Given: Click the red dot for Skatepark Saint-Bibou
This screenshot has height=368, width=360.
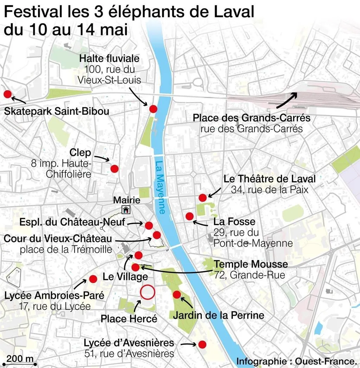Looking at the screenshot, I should point(7,94).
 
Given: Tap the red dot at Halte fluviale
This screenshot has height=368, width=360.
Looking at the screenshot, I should point(153,109).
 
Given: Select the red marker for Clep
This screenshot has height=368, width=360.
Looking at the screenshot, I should point(114,169).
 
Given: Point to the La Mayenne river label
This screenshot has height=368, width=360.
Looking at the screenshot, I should point(160,188).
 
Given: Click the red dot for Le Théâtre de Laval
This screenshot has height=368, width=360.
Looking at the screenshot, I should point(202,198).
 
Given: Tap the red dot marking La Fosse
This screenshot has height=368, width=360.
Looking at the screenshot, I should point(189,216).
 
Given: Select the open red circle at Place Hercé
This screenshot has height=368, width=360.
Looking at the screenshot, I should point(147,292).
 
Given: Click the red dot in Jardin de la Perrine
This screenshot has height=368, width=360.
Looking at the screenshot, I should point(177,295).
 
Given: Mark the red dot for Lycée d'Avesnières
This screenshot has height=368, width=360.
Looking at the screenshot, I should point(202,344).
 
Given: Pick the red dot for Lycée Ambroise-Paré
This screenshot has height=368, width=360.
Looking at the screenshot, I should point(93,279).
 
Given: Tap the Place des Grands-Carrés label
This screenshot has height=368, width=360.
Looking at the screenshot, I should point(251,118).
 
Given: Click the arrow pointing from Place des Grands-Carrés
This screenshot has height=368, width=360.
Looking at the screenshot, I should point(287,100).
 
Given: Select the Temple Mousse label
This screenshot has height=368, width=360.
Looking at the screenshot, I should point(251,264).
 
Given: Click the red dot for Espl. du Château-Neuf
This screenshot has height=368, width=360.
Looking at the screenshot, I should point(149,225).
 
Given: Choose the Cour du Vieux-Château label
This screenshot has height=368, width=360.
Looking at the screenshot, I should point(58,239).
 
